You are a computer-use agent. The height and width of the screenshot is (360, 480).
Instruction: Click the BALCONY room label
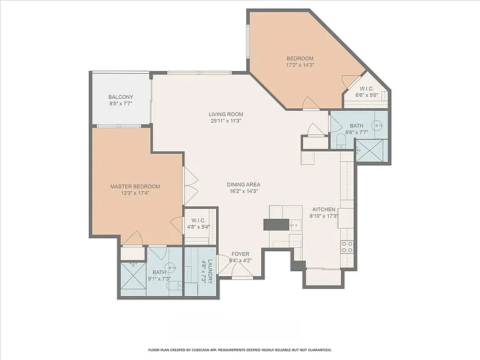pos(121,97)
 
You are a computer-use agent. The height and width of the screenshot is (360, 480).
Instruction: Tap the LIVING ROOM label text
pos(226,114)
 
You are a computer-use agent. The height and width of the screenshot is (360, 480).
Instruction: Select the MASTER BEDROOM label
pos(135,186)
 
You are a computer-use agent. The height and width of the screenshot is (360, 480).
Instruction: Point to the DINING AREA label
pos(243,184)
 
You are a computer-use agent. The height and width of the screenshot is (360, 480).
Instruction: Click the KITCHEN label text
pos(324,209)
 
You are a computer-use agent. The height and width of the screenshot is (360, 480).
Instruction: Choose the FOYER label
pos(240,254)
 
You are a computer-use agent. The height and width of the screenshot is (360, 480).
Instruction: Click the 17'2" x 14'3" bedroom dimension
pos(300,65)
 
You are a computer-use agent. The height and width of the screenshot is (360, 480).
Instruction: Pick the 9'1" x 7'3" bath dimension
pos(159,279)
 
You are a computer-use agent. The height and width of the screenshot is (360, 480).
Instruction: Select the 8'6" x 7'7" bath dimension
pos(356,132)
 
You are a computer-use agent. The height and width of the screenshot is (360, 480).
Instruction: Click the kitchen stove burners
pos(347,247)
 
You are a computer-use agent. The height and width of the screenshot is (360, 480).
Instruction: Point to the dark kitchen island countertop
pos(276,224)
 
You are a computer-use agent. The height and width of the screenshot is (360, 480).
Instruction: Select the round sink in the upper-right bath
pos(377,125)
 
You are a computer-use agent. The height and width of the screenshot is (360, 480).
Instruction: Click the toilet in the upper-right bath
pos(341,141)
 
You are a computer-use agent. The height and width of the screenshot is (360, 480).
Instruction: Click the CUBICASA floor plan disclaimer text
pos(240,349)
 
